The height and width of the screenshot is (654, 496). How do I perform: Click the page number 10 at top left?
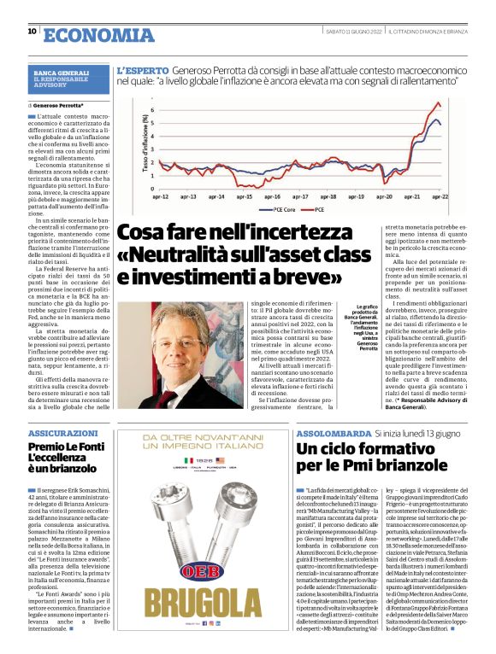point(32,32)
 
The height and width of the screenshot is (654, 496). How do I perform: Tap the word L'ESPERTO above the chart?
point(142,71)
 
